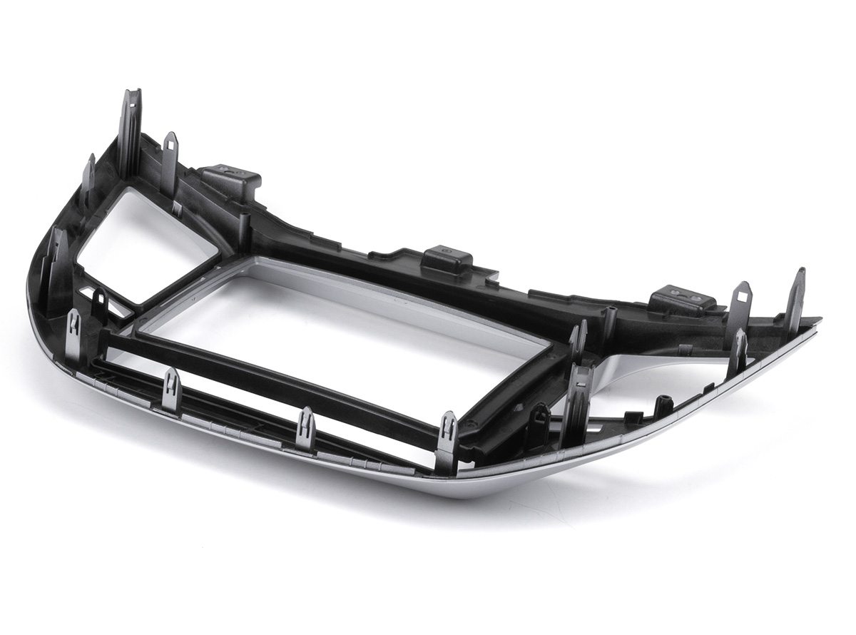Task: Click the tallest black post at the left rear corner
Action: pos(130,132)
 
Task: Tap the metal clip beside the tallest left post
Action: pos(170,161)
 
